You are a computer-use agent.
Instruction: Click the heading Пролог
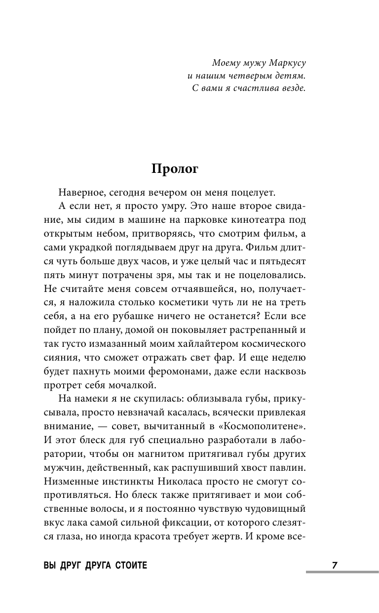pyautogui.click(x=175, y=169)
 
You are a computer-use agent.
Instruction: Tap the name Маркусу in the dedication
pyautogui.click(x=284, y=63)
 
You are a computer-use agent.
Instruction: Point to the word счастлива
pyautogui.click(x=258, y=89)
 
